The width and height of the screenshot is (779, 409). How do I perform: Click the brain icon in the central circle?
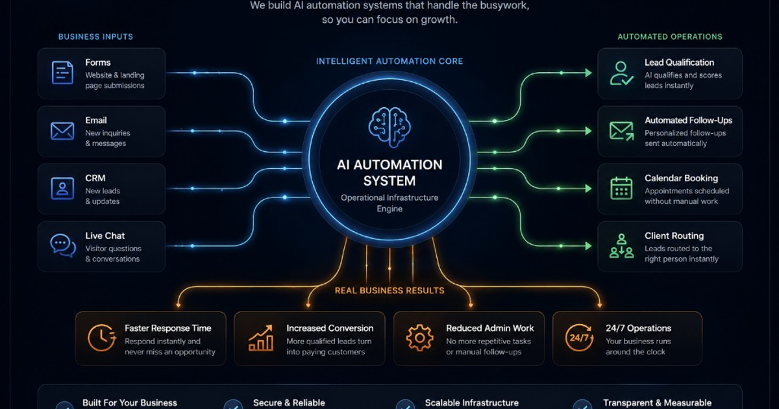tap(389, 127)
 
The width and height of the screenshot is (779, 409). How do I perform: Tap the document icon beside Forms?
tap(62, 73)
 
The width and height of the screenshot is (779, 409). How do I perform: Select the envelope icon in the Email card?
tap(62, 130)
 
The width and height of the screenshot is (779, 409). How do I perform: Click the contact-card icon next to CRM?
tap(62, 188)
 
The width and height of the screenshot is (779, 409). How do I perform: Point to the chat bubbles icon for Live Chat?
tap(63, 245)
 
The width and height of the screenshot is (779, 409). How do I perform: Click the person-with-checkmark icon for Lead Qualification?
tap(621, 73)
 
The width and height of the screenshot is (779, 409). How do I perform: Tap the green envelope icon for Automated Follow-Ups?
tap(621, 131)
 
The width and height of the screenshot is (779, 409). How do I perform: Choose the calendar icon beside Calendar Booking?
tap(621, 188)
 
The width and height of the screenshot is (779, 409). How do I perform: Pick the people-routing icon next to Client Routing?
tap(621, 246)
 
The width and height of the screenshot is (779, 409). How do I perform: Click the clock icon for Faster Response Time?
tap(101, 338)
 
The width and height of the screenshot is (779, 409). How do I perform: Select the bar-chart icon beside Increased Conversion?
tap(261, 338)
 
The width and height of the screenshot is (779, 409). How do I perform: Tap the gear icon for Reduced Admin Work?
tap(420, 338)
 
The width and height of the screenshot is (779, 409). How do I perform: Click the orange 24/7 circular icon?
tap(579, 338)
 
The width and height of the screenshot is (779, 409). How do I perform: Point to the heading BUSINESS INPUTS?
tap(95, 36)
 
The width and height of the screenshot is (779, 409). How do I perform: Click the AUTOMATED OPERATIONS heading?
tap(670, 36)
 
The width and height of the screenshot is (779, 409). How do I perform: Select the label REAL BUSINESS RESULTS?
tap(389, 290)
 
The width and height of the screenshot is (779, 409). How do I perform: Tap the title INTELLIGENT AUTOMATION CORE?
tap(389, 61)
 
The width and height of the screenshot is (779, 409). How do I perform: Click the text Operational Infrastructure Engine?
tap(389, 203)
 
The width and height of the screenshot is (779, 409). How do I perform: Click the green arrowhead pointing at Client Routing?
tap(588, 246)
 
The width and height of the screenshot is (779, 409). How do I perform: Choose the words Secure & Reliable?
tap(289, 403)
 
